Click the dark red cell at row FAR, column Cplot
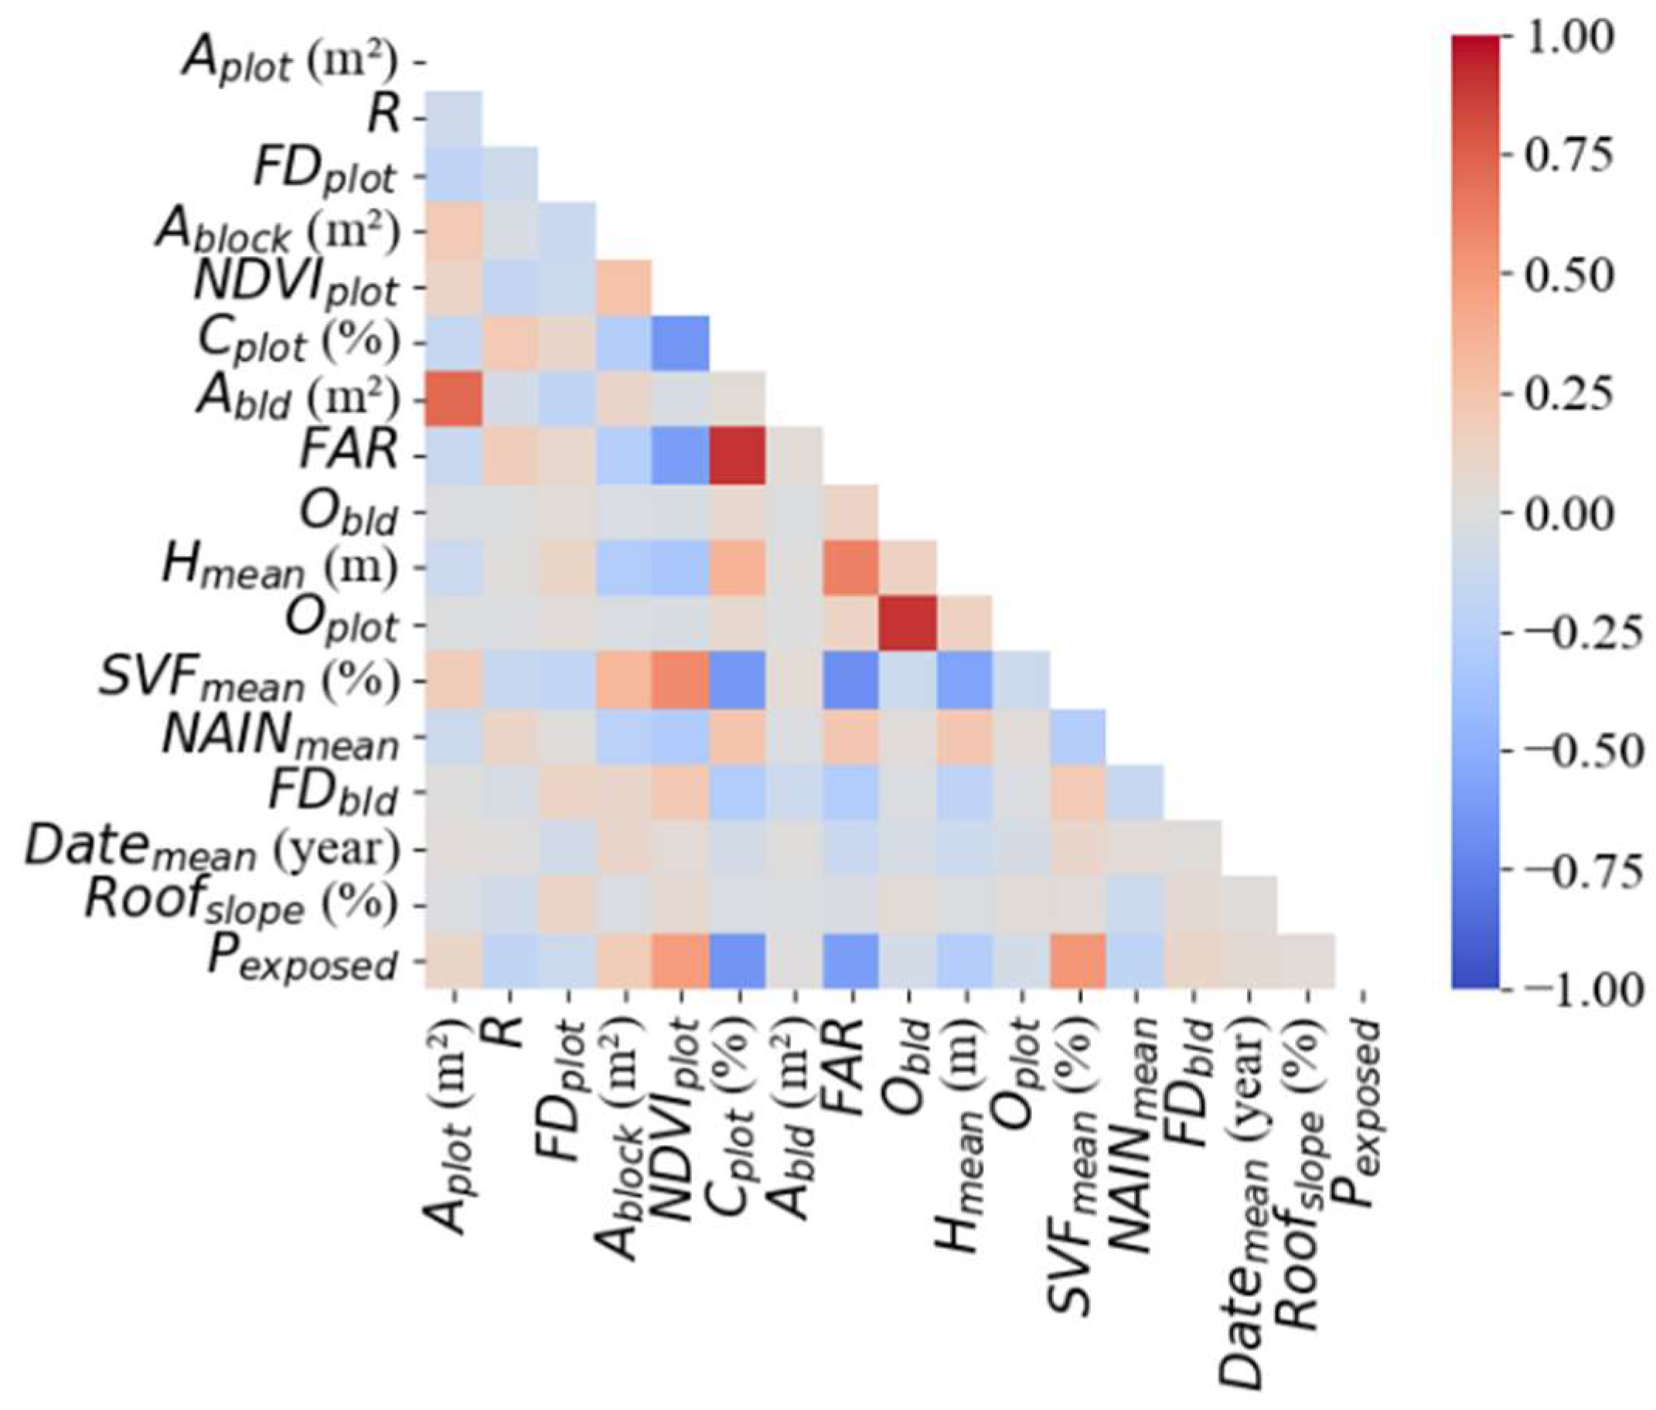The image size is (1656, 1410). (x=737, y=455)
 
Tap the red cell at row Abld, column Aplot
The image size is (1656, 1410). (x=453, y=399)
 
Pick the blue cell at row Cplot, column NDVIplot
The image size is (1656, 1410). (x=680, y=343)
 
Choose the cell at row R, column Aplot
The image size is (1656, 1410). (x=453, y=118)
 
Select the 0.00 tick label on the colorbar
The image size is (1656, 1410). (x=1566, y=513)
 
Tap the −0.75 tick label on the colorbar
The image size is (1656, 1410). (x=1570, y=870)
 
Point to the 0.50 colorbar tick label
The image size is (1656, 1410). (x=1566, y=276)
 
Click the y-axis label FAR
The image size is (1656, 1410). (x=349, y=451)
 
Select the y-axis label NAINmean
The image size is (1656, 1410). (x=280, y=736)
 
